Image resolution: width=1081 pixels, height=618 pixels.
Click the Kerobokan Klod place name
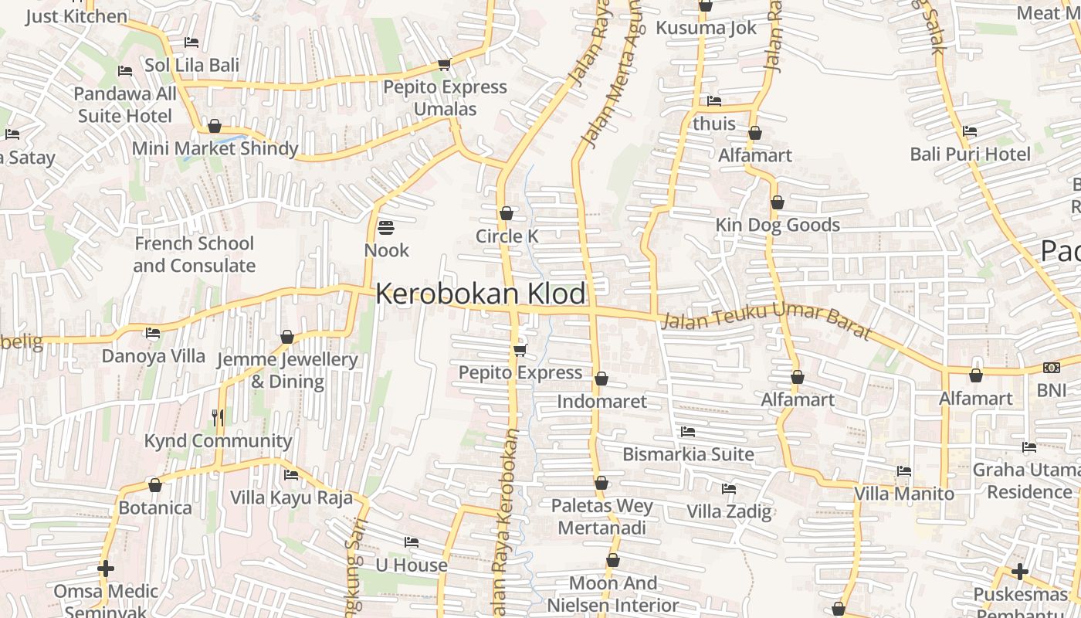pos(480,294)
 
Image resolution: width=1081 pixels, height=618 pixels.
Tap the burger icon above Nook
pos(386,228)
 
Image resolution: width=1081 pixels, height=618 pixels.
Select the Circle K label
pos(507,236)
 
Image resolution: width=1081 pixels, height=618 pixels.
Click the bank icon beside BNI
pos(1051,368)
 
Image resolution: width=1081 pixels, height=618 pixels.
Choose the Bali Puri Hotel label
pos(970,154)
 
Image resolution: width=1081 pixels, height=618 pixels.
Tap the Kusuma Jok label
pos(706,29)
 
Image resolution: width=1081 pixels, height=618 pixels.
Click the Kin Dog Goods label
pos(778,225)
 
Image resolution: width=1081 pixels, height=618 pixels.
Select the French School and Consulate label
pos(194,254)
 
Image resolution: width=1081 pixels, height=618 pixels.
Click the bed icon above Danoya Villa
pos(153,334)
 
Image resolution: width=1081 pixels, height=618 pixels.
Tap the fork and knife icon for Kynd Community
pos(218,418)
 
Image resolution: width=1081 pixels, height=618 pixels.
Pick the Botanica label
pos(155,508)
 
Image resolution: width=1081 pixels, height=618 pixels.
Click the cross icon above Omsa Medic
pos(106,569)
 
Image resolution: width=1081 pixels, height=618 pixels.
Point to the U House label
pos(412,565)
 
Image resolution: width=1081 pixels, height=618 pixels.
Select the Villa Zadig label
pos(729,511)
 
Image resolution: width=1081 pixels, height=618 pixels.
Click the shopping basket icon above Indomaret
pos(601,379)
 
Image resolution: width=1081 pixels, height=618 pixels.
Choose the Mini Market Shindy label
pos(215,148)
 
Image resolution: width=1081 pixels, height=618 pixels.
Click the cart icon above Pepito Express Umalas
pos(444,64)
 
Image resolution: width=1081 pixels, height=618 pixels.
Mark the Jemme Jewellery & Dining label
pos(287,370)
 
